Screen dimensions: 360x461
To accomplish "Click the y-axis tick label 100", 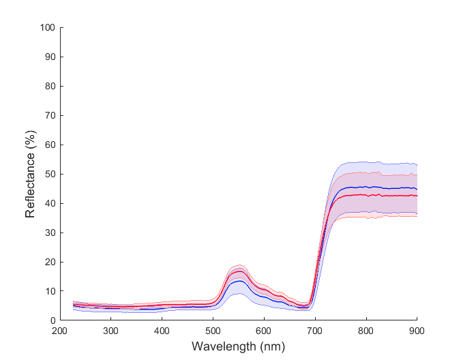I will (x=47, y=28).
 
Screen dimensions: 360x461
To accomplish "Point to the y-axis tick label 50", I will (x=49, y=175).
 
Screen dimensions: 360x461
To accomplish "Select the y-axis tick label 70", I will (x=49, y=116).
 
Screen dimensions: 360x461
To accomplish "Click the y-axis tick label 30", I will (x=49, y=233).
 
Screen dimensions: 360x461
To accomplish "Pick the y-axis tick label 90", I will (x=49, y=57).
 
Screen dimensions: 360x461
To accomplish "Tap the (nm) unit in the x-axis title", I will (x=271, y=346).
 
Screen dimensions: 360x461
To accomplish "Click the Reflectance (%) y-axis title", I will (x=30, y=175).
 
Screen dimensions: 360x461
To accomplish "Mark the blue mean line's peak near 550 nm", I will (x=239, y=281).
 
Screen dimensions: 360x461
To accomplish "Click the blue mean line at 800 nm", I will (x=366, y=187).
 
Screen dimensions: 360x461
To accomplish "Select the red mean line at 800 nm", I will (x=366, y=195).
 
